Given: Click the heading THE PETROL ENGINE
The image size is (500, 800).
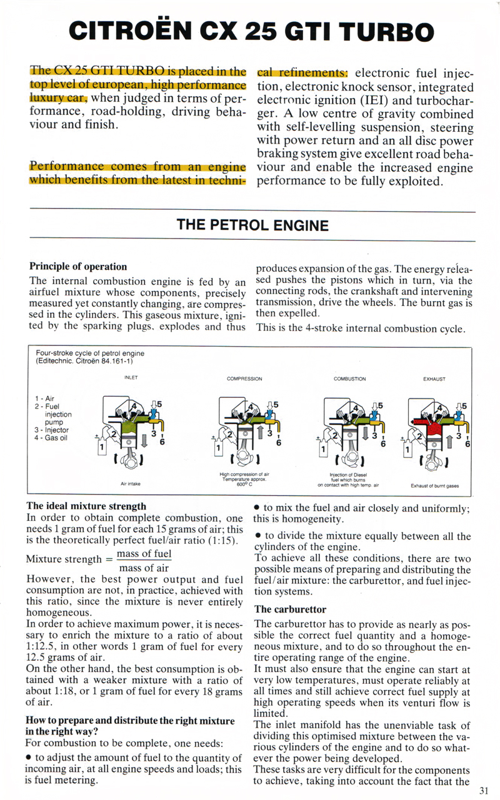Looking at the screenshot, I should [252, 224].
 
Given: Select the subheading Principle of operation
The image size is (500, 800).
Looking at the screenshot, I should [78, 267].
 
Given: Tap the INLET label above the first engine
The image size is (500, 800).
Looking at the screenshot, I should [131, 378].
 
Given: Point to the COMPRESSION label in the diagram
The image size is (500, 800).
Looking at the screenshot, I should [244, 378].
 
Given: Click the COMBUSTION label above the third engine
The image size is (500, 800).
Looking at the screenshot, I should [350, 378].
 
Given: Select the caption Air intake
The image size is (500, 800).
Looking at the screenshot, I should [131, 483].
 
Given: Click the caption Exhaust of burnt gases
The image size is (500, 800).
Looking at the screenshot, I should [434, 485].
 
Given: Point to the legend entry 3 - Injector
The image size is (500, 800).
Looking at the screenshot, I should [52, 430].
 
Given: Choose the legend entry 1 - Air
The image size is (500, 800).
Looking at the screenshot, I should [46, 398].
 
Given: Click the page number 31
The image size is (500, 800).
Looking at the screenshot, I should [484, 790].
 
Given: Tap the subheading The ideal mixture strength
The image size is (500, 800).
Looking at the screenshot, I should [86, 506].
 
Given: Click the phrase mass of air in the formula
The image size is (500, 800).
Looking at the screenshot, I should [144, 568].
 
